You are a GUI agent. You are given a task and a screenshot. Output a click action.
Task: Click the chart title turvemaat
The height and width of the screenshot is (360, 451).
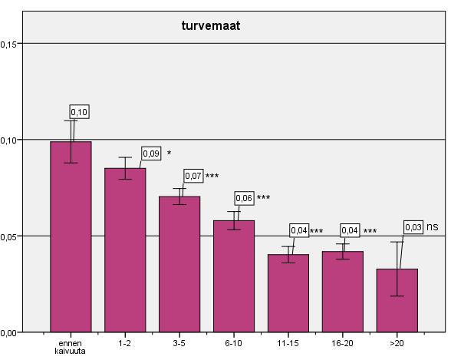click(211, 26)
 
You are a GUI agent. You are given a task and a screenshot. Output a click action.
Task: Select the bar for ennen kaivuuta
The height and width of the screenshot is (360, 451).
click(71, 236)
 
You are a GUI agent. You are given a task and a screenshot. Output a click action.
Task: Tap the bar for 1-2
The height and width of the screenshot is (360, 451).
click(125, 250)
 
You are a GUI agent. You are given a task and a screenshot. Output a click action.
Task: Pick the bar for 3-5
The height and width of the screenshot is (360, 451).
click(179, 264)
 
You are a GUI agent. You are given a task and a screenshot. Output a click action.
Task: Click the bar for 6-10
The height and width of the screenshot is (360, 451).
click(234, 276)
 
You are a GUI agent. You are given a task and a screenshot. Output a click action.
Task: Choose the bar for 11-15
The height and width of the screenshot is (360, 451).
click(288, 293)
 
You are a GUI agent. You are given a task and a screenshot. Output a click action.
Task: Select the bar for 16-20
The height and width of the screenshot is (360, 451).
click(343, 292)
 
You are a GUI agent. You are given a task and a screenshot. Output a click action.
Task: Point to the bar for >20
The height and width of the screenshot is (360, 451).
click(397, 300)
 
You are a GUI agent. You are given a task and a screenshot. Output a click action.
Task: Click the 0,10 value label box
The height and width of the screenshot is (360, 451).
click(80, 112)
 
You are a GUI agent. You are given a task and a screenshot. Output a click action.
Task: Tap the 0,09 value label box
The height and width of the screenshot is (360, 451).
click(151, 154)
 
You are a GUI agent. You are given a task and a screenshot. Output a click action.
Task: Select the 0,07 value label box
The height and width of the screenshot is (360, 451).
click(193, 176)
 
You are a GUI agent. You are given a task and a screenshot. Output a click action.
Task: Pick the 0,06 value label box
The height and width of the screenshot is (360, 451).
click(244, 198)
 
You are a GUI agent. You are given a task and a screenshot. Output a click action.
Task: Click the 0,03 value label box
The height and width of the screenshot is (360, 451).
click(413, 227)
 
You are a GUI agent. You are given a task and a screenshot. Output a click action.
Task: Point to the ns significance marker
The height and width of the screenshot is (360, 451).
click(433, 227)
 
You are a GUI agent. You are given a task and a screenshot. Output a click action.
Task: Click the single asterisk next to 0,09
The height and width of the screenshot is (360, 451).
click(169, 152)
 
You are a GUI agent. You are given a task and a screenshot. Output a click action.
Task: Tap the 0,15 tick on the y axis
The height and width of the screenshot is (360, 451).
click(8, 45)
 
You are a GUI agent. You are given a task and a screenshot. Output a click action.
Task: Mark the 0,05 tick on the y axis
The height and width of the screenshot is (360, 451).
click(8, 237)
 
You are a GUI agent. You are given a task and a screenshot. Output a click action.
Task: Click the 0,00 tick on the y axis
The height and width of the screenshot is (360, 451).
click(8, 333)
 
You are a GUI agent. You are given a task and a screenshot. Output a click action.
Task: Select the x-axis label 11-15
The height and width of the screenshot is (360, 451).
click(288, 343)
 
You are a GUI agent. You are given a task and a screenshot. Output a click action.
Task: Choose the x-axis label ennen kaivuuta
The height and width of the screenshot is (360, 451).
click(71, 347)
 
